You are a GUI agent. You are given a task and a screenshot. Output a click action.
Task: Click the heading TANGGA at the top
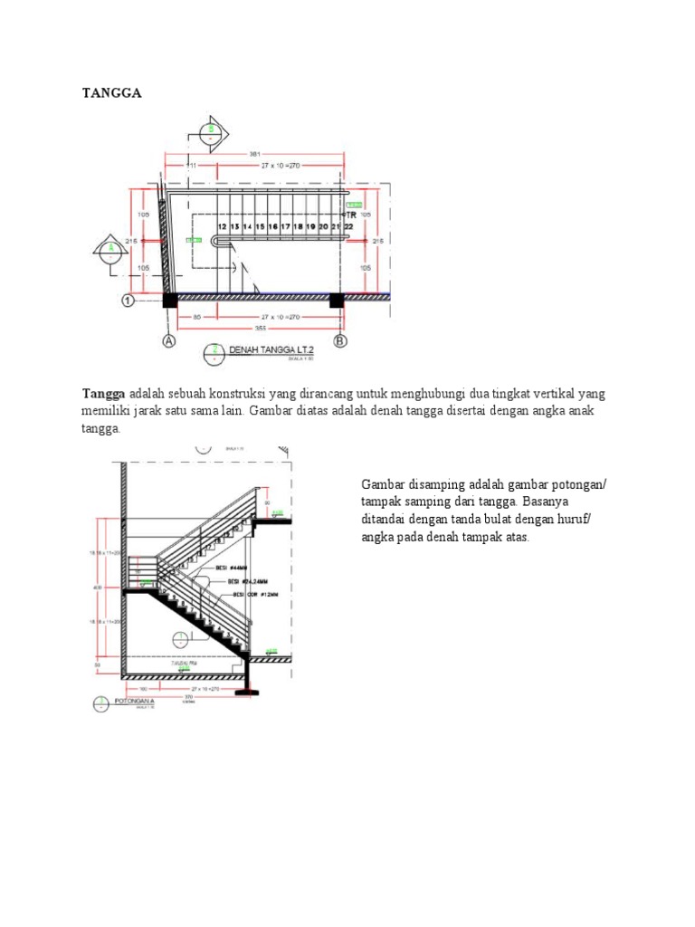coord(112,92)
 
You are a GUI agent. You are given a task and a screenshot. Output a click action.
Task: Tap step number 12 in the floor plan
coord(222,226)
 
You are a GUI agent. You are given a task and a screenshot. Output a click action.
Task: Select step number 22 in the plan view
coord(347,226)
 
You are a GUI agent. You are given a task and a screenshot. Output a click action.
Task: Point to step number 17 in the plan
coord(285,226)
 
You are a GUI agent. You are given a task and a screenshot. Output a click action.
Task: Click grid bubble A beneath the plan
coord(169,341)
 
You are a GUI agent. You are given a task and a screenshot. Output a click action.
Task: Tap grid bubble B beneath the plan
coord(341,341)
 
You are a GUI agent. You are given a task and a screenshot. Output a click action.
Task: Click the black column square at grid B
coord(337,300)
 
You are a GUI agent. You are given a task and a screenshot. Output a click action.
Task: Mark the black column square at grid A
coord(169,300)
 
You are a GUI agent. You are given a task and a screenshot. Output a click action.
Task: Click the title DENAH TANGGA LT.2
coord(263,349)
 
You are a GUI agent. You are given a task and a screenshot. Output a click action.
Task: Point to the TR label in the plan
coord(348,215)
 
